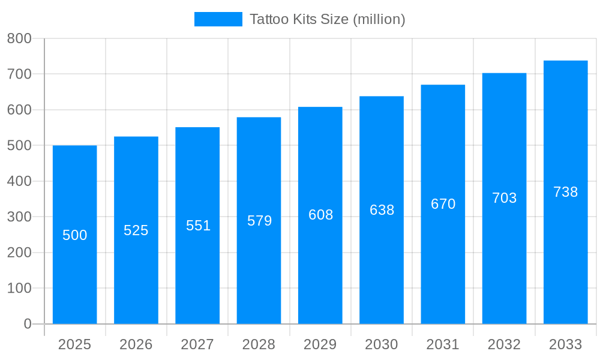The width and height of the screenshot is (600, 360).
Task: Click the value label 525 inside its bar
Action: coord(136,230)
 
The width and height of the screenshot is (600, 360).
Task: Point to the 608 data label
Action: coord(320,215)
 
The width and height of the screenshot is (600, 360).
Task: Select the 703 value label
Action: coord(504,198)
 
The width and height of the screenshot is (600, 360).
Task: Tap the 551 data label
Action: coord(198,226)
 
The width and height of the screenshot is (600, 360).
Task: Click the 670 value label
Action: coord(443,204)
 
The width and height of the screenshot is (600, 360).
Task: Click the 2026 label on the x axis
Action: coord(136,344)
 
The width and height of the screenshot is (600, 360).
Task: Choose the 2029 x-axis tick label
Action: coord(320,344)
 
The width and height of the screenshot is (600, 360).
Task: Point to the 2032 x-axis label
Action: coord(504,344)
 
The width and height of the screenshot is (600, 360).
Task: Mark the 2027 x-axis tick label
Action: coord(197,344)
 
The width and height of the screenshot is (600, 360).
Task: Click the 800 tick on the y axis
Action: coord(19,38)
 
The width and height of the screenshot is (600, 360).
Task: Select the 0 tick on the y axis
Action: coord(27,324)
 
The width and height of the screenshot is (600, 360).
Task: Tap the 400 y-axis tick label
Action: coord(19,181)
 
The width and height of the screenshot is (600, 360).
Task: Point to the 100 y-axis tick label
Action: coord(19,288)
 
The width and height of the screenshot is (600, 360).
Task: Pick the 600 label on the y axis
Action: coord(19,110)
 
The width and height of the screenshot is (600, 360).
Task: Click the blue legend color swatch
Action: coord(218,19)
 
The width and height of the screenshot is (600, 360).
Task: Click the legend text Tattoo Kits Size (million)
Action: coord(327,19)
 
